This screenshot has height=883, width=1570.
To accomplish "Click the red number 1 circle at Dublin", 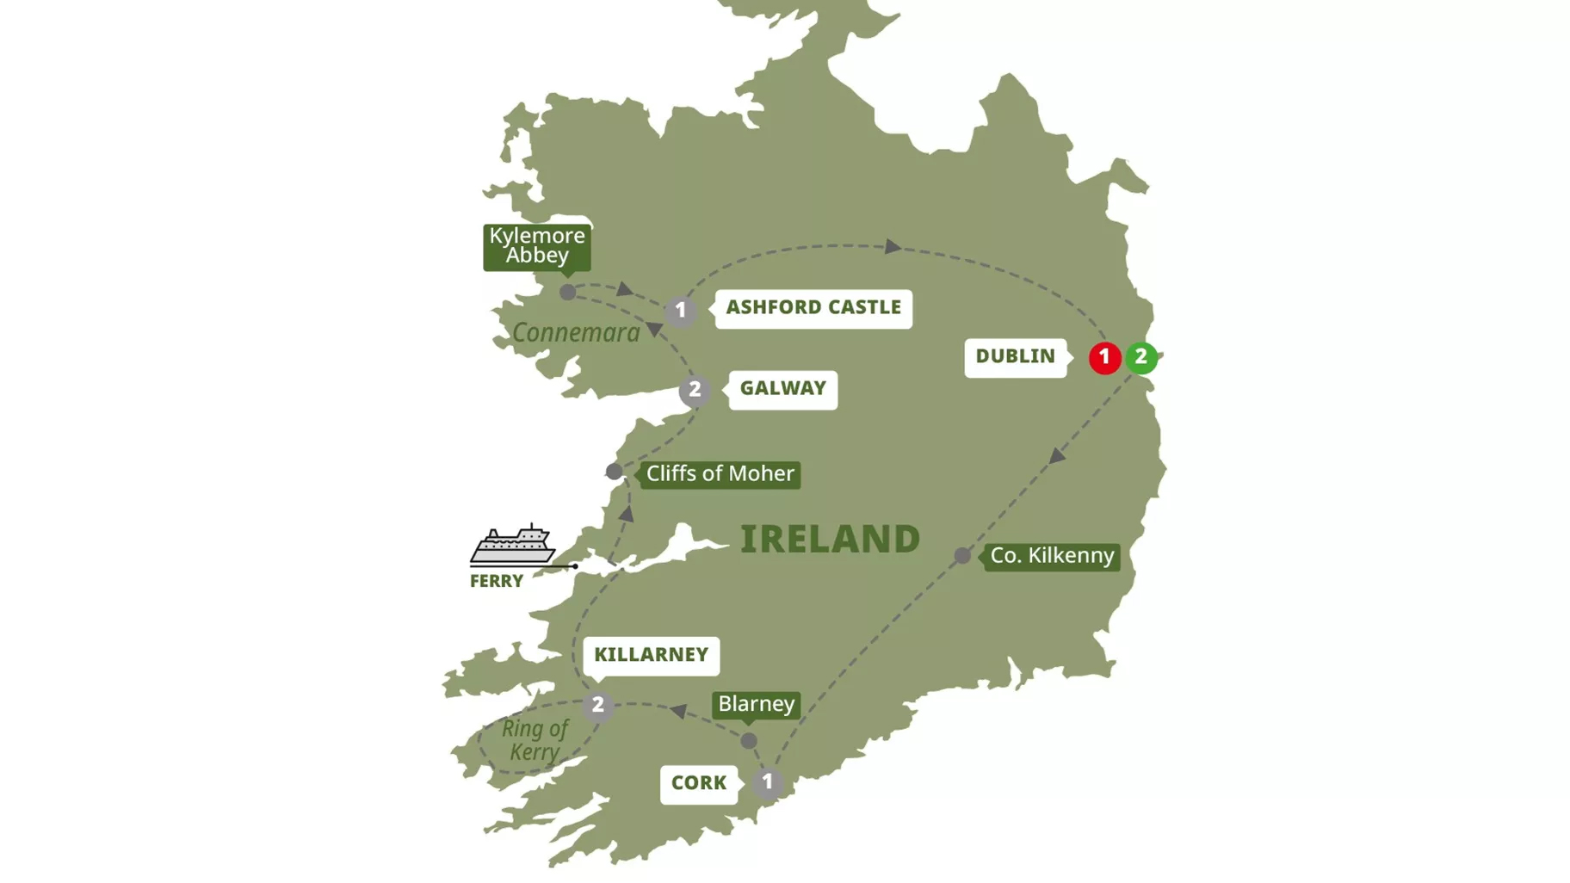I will point(1104,357).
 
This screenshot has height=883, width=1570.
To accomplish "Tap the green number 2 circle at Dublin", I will point(1141,356).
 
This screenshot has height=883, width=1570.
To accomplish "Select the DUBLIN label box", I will point(1015,356).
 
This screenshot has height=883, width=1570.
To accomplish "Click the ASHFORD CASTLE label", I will point(813,307).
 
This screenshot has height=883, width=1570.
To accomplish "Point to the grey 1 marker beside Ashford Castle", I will point(681,311).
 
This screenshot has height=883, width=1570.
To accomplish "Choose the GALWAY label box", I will point(782,389).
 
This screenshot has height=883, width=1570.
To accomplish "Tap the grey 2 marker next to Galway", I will point(695,390).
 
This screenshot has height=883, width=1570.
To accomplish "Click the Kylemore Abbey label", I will point(537,246).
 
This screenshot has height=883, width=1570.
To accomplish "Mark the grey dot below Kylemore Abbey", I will point(567,293).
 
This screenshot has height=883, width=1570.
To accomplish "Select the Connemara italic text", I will point(576,333).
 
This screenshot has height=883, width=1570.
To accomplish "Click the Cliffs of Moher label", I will point(720,474).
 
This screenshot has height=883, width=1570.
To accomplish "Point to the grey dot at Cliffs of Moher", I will point(614,472).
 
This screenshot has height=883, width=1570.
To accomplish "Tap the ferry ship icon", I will point(512,544).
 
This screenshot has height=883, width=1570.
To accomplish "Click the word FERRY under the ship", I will point(497,581).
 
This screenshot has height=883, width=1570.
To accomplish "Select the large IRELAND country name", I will point(830,540).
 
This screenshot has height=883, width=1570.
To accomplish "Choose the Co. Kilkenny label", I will point(1052,556).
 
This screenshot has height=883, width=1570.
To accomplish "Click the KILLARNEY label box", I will point(651,655).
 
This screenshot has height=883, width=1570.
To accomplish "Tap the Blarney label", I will point(756,704).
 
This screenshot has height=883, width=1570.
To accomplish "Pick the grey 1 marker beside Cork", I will point(767,783).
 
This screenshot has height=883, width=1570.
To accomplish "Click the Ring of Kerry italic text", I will point(535,740).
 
